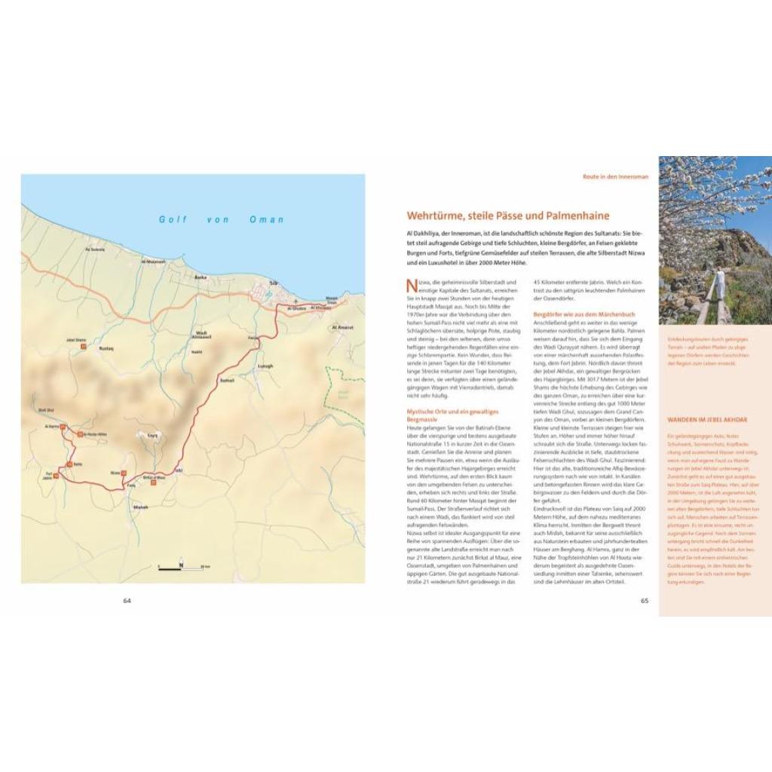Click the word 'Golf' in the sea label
point(173,219)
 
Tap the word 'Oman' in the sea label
point(267,219)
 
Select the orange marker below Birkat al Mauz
point(153,483)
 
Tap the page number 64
point(127,601)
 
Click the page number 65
point(645,601)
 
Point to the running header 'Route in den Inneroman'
point(615,176)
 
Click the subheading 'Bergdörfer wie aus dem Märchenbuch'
point(584,314)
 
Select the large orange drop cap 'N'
point(411,286)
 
